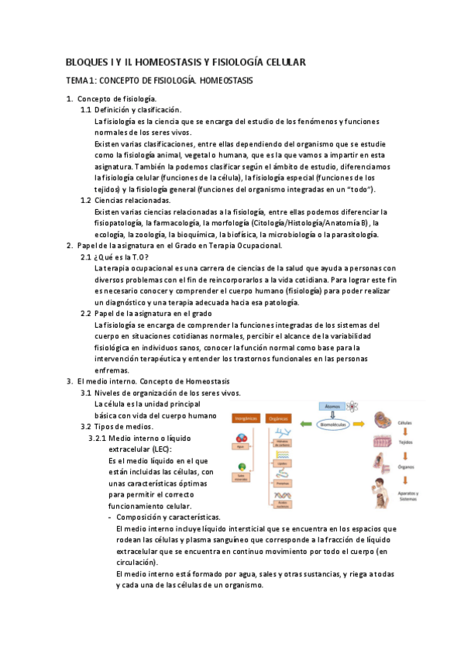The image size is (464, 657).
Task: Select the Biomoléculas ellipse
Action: tap(336, 424)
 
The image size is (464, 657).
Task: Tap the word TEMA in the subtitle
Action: tap(77, 81)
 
